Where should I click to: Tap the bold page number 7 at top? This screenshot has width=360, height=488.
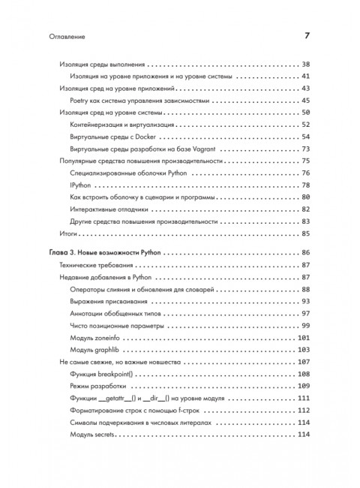[307, 35]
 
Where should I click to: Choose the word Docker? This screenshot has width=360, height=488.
[163, 137]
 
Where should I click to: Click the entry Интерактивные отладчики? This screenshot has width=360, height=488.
[109, 209]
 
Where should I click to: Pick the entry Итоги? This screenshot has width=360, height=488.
[67, 233]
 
